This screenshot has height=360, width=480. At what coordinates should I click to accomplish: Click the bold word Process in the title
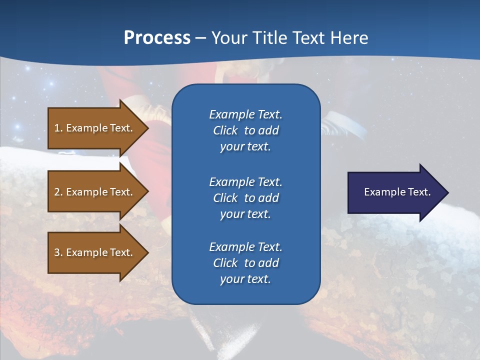157,38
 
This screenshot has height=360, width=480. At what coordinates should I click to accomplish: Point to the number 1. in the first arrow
58,128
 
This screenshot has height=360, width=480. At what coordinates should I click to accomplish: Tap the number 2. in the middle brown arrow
58,192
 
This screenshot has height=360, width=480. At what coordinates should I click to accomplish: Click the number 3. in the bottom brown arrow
58,253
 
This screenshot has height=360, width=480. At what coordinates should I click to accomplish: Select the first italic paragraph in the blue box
245,130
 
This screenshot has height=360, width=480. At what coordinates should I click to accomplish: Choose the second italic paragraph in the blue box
245,197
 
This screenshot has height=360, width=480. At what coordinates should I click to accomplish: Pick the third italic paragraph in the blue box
245,263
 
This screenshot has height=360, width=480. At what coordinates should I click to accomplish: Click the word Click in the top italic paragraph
225,130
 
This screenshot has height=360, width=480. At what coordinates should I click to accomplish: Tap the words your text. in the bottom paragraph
245,279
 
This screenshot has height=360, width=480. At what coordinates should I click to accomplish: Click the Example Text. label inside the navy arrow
397,192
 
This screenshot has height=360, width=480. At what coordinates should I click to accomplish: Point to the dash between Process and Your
200,38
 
